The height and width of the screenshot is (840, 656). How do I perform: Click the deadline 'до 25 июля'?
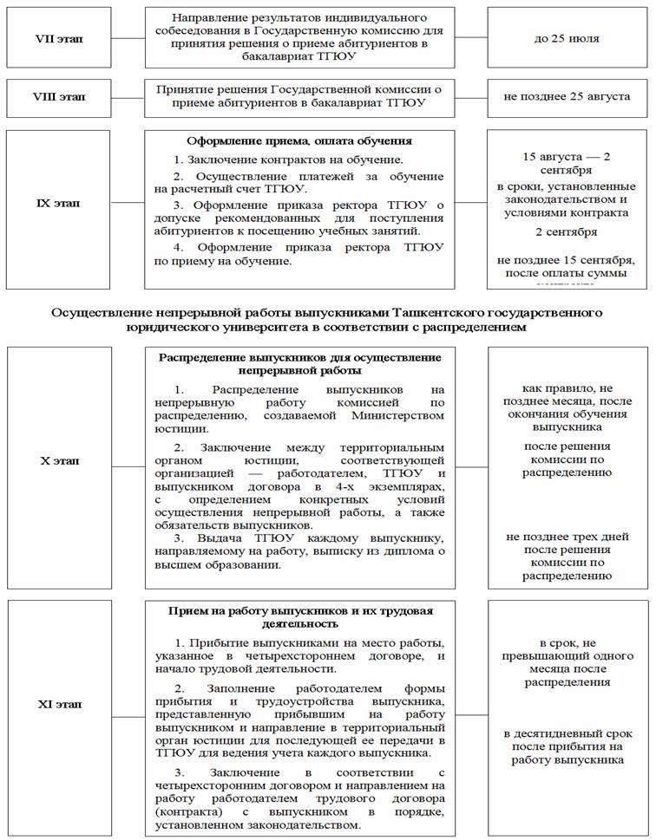point(567,39)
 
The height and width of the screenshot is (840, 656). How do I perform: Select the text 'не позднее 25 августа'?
point(567,96)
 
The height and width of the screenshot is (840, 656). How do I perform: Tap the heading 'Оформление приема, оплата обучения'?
point(299,140)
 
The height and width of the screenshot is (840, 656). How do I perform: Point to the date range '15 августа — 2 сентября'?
point(567,165)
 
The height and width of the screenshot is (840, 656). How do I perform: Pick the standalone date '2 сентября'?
point(566,232)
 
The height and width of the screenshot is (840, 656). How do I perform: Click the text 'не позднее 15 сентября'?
point(567,260)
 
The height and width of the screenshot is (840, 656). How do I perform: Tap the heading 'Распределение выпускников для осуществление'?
point(300,357)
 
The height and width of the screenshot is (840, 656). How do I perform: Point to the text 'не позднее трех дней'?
point(567,537)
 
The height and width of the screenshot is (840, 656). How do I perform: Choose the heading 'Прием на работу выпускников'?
point(299,611)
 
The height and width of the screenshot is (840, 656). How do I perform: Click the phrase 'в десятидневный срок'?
point(567,733)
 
